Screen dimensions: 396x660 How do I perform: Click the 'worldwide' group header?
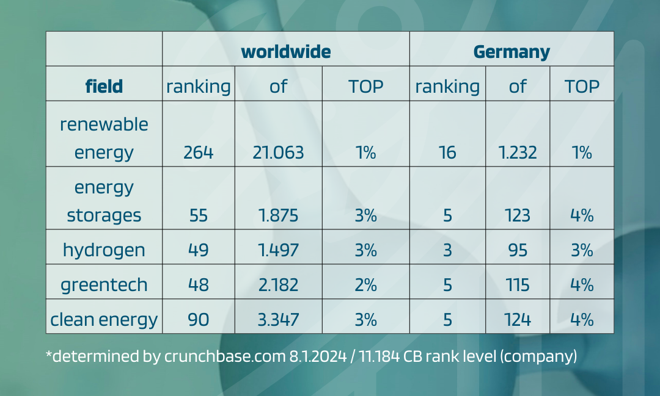coord(285,52)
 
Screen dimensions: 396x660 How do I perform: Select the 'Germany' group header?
coord(512,52)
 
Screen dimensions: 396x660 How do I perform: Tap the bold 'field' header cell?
coord(104,86)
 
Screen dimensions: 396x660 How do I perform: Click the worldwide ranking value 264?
coord(199,152)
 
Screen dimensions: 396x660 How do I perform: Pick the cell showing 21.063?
coord(278,152)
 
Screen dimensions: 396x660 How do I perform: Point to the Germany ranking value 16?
coord(447,152)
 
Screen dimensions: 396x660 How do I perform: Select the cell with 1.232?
coord(517,152)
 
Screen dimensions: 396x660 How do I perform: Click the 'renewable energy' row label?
coord(104,138)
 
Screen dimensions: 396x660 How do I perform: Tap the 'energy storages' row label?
coord(104,201)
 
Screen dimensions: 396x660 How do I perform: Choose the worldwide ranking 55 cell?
coord(199,215)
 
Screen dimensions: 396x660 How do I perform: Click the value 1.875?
coord(278,215)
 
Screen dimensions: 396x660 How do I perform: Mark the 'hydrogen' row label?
coord(104,250)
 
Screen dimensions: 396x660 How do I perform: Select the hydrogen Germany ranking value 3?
coord(447,250)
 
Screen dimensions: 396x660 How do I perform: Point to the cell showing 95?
coord(517,250)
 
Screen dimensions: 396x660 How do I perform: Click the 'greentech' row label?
coord(104,284)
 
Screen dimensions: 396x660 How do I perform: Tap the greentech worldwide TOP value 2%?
coord(365,284)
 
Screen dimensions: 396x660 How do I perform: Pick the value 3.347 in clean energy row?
coord(278,319)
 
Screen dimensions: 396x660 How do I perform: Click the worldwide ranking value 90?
coord(199,319)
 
